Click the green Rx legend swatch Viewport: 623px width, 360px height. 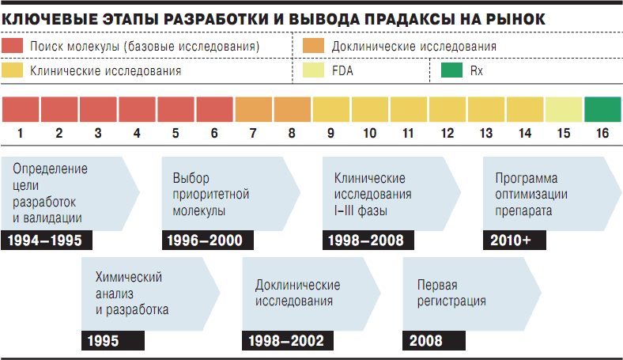(x=451, y=70)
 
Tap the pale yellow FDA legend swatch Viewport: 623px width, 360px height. (x=314, y=70)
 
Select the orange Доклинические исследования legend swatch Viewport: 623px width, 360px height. (x=314, y=47)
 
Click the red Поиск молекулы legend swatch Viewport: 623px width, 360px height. (x=11, y=47)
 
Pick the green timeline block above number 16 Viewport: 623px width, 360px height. (x=602, y=108)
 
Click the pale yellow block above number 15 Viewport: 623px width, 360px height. (x=564, y=108)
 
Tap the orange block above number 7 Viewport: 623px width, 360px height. (x=253, y=108)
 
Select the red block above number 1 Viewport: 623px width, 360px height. (x=21, y=108)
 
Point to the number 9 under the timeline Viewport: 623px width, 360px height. (x=330, y=133)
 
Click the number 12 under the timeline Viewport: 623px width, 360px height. (x=447, y=133)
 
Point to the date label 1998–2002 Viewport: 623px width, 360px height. (x=285, y=341)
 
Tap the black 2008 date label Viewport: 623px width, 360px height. (x=427, y=341)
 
